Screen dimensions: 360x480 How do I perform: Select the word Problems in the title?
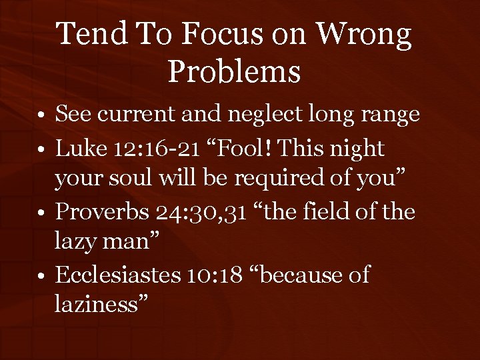point(234,71)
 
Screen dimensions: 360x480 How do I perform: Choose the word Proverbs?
point(104,212)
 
